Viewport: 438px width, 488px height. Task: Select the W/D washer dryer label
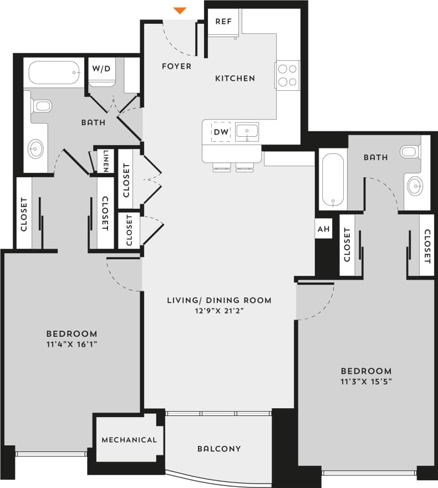(x=101, y=69)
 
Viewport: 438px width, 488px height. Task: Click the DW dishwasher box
(x=221, y=132)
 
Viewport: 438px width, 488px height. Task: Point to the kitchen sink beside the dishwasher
(x=246, y=132)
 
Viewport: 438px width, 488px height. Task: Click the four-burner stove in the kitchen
(x=287, y=75)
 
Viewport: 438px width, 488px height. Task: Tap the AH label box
(x=323, y=229)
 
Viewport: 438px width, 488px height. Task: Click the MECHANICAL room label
(x=129, y=440)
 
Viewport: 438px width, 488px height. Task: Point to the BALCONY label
(x=219, y=449)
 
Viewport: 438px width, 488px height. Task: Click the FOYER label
(x=176, y=66)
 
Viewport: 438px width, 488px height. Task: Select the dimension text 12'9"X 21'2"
(x=219, y=311)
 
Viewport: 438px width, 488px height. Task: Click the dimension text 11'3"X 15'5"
(x=366, y=382)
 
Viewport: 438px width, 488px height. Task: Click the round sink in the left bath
(x=36, y=148)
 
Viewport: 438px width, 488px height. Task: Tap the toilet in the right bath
(x=410, y=151)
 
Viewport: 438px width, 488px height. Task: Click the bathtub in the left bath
(x=54, y=73)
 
